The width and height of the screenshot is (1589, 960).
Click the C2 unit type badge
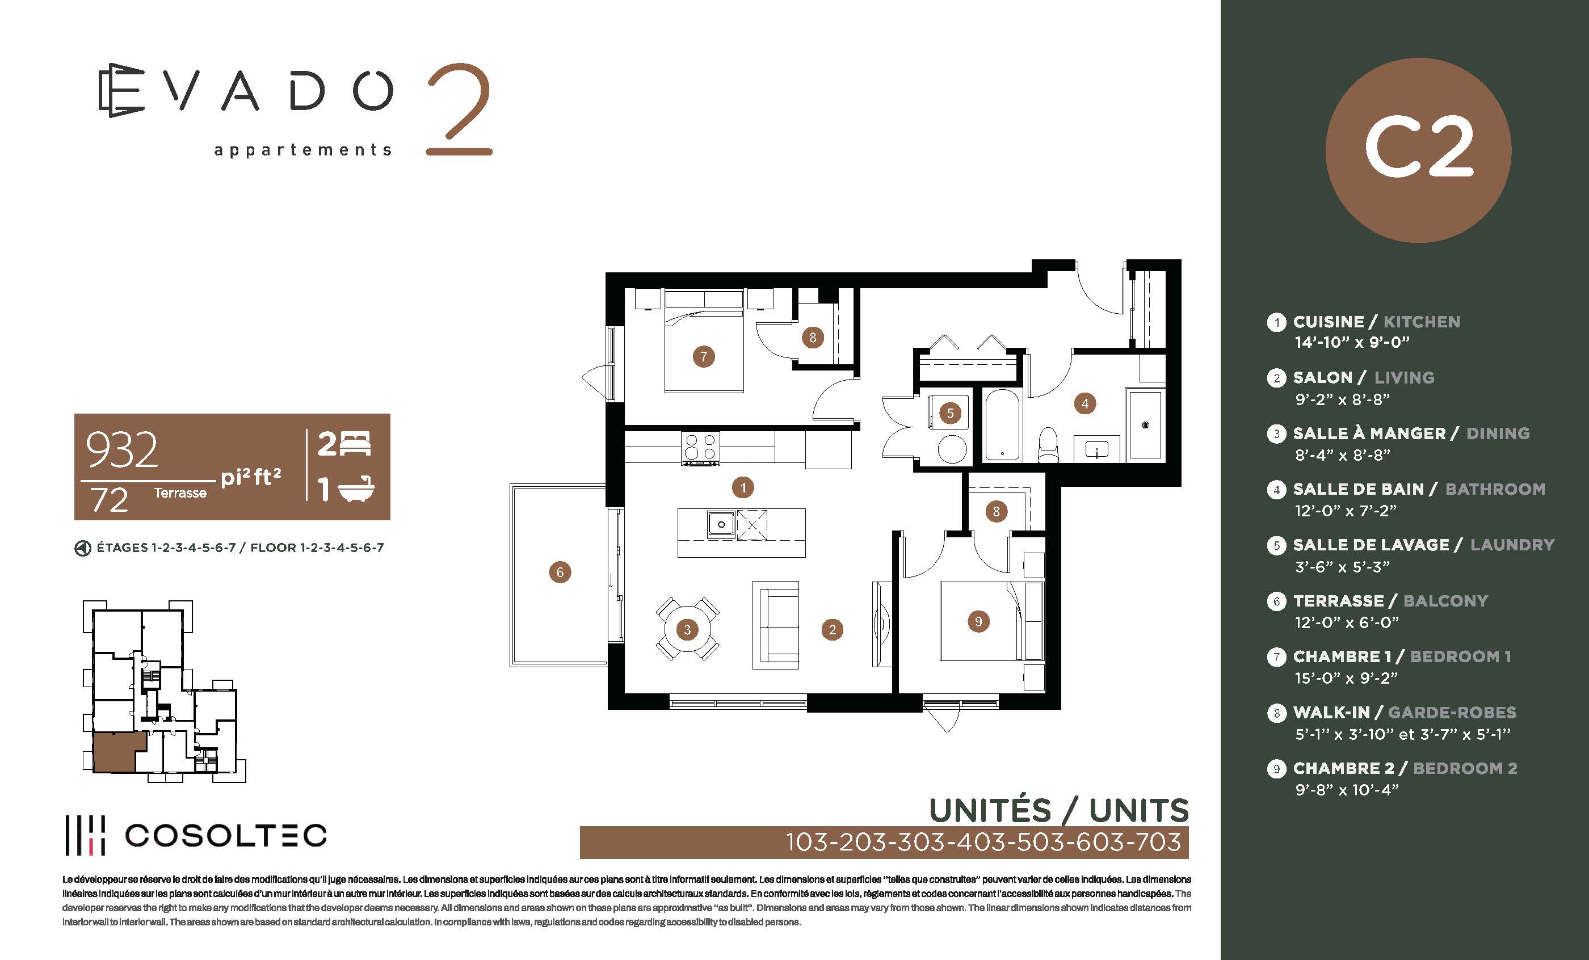click(1418, 150)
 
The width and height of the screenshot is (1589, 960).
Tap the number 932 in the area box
click(122, 449)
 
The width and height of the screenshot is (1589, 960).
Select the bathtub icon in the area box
click(356, 489)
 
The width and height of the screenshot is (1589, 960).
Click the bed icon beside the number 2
click(355, 444)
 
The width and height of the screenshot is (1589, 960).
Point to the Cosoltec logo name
click(226, 836)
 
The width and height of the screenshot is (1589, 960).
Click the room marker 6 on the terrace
click(560, 572)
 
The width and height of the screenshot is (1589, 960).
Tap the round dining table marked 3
click(687, 629)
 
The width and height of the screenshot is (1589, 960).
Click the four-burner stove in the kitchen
click(700, 448)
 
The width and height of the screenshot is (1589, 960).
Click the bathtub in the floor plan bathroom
click(1002, 424)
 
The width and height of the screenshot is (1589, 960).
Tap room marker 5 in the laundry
click(950, 413)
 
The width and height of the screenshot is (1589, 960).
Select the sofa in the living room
click(776, 625)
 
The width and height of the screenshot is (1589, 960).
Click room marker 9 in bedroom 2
click(978, 621)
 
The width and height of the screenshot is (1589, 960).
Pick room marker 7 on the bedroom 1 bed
click(704, 356)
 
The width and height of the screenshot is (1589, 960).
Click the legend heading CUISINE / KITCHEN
click(1376, 322)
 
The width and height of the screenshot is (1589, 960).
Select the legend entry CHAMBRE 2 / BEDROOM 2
click(1405, 769)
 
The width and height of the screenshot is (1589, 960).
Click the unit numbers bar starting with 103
click(884, 842)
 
